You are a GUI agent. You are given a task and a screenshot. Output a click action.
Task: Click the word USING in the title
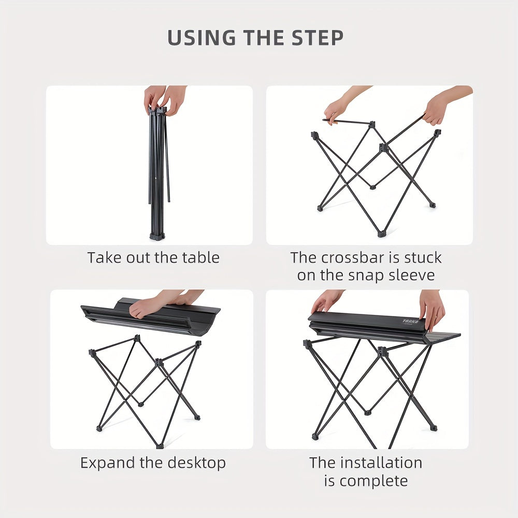point(202,37)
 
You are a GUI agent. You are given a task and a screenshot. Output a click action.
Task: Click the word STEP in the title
point(317,37)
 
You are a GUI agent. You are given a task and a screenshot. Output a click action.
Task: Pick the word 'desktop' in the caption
point(196,463)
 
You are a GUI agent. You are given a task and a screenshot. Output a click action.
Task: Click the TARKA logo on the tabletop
point(410,322)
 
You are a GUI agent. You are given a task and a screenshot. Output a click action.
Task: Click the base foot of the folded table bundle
point(157,236)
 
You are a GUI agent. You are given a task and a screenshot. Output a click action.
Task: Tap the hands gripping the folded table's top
point(165,99)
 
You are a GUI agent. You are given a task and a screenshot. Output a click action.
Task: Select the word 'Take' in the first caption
point(105,257)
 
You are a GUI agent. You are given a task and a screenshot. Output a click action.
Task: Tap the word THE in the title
point(263,37)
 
